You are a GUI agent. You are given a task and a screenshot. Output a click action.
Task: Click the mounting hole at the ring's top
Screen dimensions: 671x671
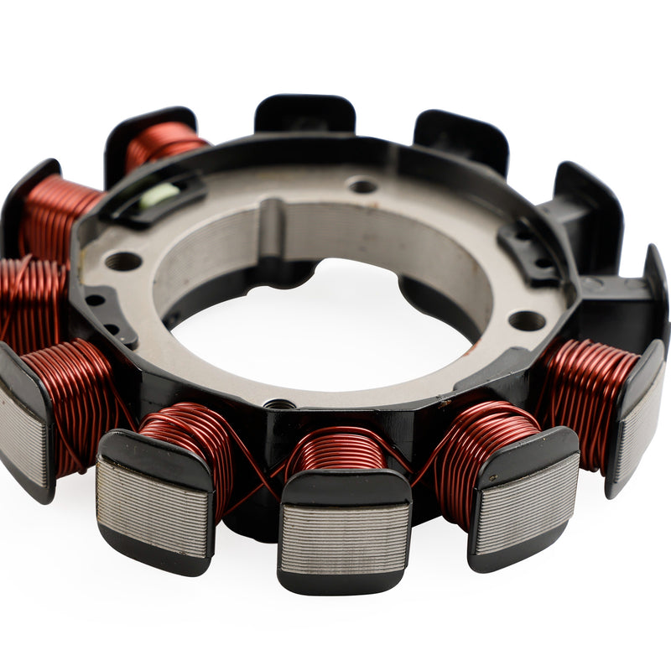click(x=362, y=185)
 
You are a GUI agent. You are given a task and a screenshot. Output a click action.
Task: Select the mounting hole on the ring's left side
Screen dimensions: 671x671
click(x=123, y=262)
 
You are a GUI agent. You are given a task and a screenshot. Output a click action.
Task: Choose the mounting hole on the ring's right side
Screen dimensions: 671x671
click(x=527, y=320)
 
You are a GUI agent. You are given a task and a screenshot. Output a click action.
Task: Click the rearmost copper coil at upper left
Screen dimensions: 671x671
click(x=164, y=143)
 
